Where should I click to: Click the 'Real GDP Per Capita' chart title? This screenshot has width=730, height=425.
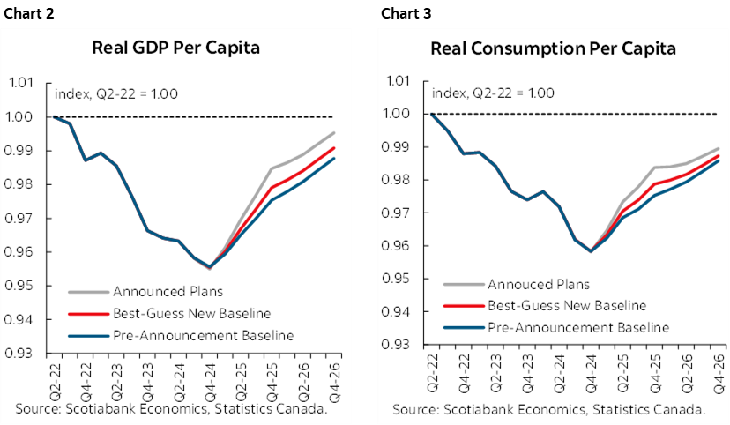pyautogui.click(x=175, y=48)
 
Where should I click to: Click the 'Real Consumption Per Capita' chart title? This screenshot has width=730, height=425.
pyautogui.click(x=553, y=48)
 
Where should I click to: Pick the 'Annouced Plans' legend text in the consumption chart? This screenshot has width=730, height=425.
pyautogui.click(x=538, y=284)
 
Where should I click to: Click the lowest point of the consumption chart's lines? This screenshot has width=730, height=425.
pyautogui.click(x=590, y=251)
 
